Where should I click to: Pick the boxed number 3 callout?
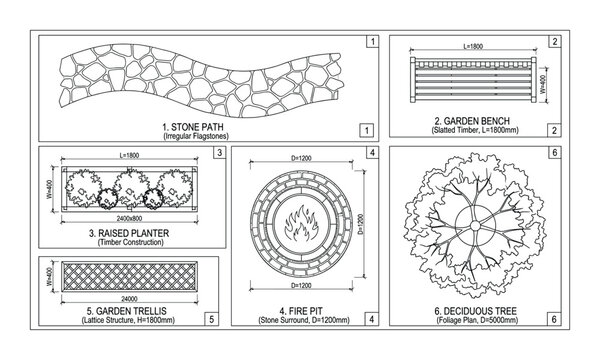point(219,153)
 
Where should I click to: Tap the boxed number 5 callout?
point(209,319)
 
